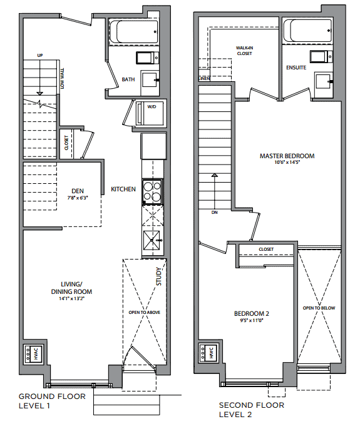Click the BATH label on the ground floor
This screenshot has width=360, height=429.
pyautogui.click(x=128, y=79)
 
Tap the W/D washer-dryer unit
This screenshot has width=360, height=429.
pyautogui.click(x=150, y=113)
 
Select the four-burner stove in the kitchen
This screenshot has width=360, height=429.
pyautogui.click(x=152, y=192)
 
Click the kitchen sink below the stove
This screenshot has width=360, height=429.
pyautogui.click(x=152, y=240)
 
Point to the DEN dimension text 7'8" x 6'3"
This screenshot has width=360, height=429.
pyautogui.click(x=78, y=198)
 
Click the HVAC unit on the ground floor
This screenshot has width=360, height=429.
pyautogui.click(x=33, y=354)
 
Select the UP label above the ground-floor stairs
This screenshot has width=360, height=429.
pyautogui.click(x=40, y=56)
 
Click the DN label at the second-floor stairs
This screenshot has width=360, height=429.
pyautogui.click(x=215, y=213)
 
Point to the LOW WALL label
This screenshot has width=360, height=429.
pyautogui.click(x=62, y=79)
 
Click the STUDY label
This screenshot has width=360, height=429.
pyautogui.click(x=159, y=276)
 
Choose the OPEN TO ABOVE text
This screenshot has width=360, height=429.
pyautogui.click(x=145, y=313)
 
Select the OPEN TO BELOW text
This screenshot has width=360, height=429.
pyautogui.click(x=319, y=308)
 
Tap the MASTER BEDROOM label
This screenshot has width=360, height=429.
pyautogui.click(x=287, y=156)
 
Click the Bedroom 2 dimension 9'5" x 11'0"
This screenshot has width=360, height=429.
pyautogui.click(x=252, y=320)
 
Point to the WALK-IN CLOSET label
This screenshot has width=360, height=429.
pyautogui.click(x=244, y=51)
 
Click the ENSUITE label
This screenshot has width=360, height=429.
pyautogui.click(x=296, y=68)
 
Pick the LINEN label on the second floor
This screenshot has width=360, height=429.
pyautogui.click(x=204, y=79)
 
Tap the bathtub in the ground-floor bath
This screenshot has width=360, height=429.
pyautogui.click(x=134, y=31)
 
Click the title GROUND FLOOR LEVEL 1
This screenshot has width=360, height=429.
pyautogui.click(x=52, y=401)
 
